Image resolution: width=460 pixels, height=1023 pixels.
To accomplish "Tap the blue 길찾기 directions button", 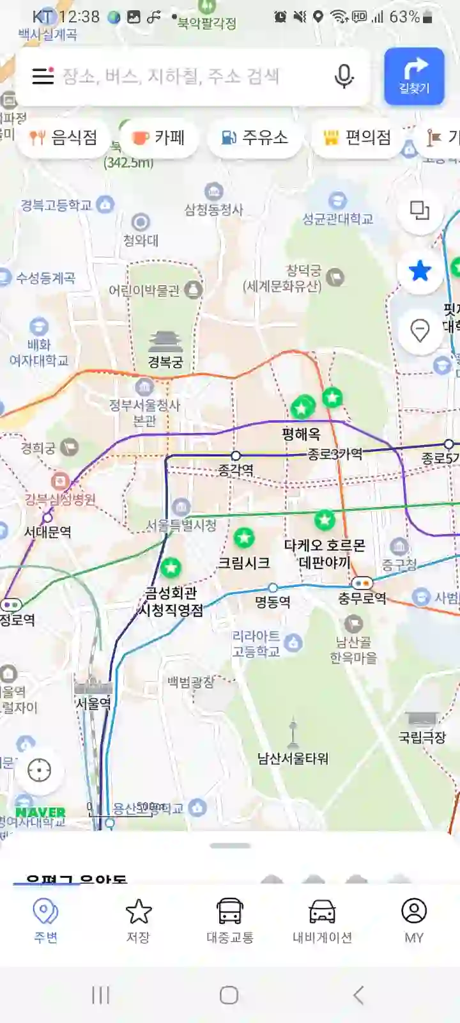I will [x=414, y=75].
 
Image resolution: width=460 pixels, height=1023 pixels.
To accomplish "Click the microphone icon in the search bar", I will [x=344, y=76].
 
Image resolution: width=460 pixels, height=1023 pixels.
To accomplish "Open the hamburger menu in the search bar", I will [x=43, y=76].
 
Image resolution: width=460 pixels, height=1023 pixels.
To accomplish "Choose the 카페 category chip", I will [x=158, y=137].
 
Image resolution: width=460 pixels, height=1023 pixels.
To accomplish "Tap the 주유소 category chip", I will [x=254, y=137].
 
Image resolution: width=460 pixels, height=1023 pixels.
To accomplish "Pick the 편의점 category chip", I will [x=357, y=137].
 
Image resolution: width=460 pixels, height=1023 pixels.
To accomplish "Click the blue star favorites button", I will [x=420, y=271].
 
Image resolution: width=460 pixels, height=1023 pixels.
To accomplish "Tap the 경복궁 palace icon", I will [x=165, y=342].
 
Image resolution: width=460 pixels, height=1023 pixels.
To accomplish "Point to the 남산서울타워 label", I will [x=293, y=758].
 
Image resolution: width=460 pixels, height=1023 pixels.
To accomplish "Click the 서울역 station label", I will [x=93, y=703].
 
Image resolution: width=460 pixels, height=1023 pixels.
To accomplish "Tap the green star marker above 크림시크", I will [x=244, y=538].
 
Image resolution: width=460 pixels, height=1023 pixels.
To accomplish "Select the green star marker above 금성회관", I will [x=171, y=567].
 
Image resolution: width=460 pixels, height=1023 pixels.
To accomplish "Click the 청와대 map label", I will [x=141, y=240].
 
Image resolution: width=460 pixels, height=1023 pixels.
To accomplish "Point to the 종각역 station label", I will [x=236, y=470].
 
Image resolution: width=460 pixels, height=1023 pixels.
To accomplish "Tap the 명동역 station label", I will [x=273, y=602].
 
